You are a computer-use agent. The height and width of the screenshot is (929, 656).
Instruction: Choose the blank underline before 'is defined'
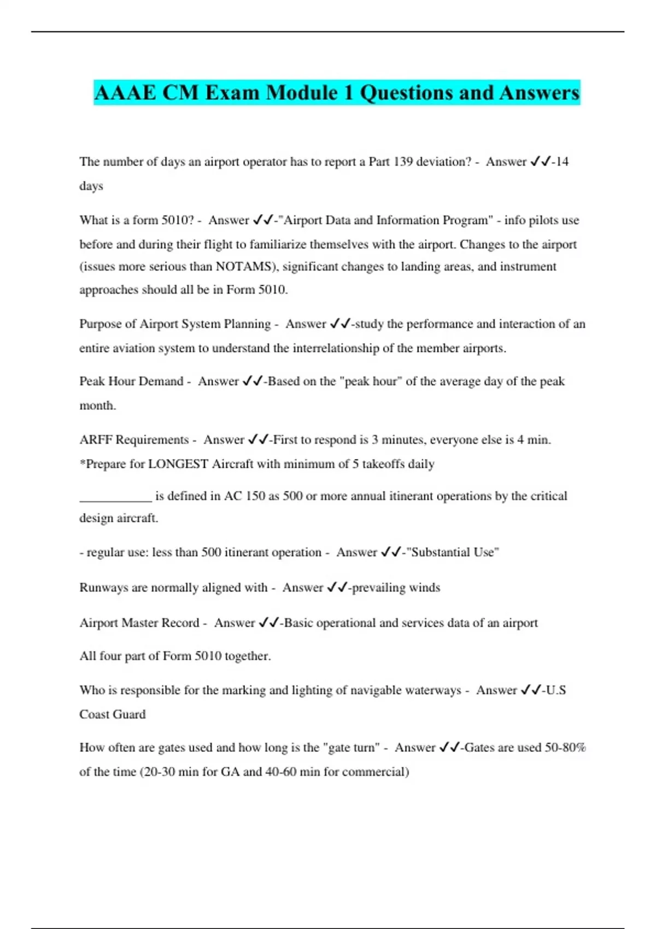tap(115, 496)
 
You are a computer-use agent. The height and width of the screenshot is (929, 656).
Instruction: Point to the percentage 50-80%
tap(565, 748)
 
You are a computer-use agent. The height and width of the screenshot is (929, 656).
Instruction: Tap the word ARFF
tap(96, 440)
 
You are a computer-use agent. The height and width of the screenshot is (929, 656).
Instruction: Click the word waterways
tap(430, 690)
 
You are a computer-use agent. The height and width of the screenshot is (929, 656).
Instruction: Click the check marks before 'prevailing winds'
tap(337, 587)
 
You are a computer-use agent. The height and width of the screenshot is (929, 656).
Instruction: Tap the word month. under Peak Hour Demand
tap(98, 405)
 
